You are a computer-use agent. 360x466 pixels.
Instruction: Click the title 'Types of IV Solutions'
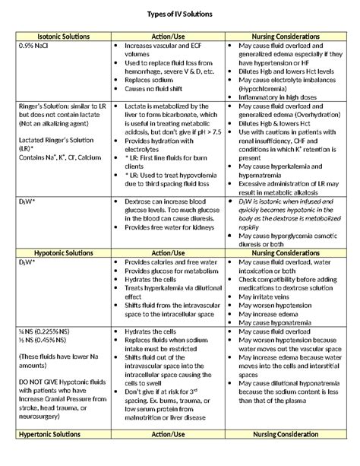pos(180,14)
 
